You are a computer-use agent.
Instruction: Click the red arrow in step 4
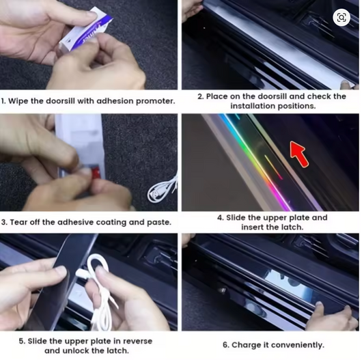pyautogui.click(x=299, y=154)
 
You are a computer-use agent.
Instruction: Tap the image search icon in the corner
pyautogui.click(x=341, y=18)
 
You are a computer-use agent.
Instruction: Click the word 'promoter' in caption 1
pyautogui.click(x=155, y=102)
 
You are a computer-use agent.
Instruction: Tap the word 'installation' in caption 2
pyautogui.click(x=253, y=106)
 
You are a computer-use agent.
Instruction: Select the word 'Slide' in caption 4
pyautogui.click(x=236, y=218)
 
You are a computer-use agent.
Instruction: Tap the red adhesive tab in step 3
pyautogui.click(x=95, y=172)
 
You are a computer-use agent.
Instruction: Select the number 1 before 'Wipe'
pyautogui.click(x=3, y=101)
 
